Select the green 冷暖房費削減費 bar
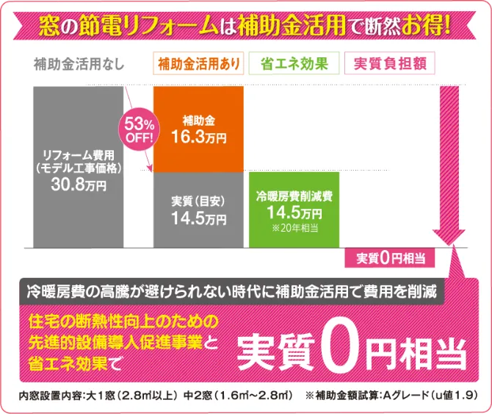[x=294, y=209]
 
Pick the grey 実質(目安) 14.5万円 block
[x=198, y=209]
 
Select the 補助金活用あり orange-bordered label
[x=198, y=64]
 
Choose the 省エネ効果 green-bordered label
[x=294, y=64]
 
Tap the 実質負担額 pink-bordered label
[x=389, y=64]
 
